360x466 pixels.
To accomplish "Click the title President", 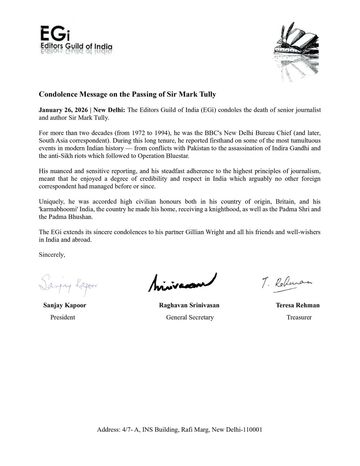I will coord(63,317).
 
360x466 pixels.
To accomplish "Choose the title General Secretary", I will coord(190,317).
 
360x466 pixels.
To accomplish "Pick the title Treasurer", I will coord(299,317).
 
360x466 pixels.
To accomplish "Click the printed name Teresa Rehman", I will coord(297,305).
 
